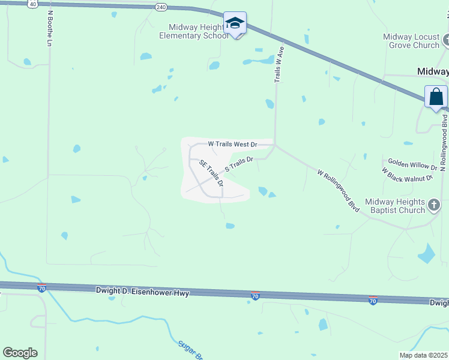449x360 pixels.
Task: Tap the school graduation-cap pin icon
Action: (235, 24)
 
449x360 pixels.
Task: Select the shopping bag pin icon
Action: (436, 97)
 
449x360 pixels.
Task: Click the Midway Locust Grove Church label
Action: (411, 41)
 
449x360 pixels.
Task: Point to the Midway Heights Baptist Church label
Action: (394, 206)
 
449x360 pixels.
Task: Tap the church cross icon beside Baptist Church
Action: (434, 206)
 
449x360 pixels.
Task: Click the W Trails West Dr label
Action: (232, 144)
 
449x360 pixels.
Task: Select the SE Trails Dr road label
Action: (211, 173)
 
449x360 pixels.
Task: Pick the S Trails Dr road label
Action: (239, 164)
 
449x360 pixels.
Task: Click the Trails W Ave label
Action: (279, 64)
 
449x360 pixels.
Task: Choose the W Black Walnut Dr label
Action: (407, 175)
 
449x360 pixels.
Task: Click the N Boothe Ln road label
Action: (49, 28)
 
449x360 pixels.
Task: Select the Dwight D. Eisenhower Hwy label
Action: (142, 292)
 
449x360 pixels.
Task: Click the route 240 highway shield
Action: (160, 7)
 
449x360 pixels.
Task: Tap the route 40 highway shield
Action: (32, 4)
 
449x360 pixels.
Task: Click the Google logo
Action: (20, 353)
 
